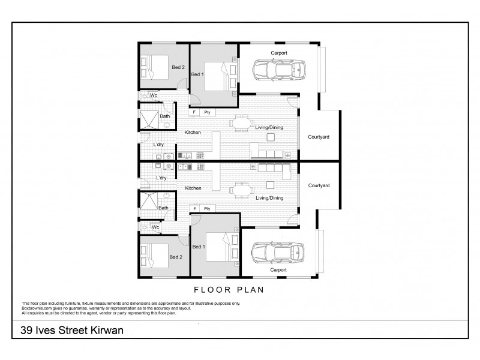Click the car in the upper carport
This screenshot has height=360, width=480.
pyautogui.click(x=278, y=70)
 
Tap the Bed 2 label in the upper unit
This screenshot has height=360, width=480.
pyautogui.click(x=178, y=67)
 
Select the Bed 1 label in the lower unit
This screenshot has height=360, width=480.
pyautogui.click(x=197, y=247)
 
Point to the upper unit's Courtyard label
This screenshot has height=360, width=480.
pyautogui.click(x=319, y=137)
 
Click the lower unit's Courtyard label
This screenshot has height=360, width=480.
pyautogui.click(x=319, y=185)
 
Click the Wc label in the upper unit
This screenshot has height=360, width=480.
pyautogui.click(x=154, y=95)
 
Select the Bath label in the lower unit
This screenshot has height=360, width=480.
pyautogui.click(x=163, y=208)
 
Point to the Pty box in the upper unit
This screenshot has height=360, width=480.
pyautogui.click(x=208, y=112)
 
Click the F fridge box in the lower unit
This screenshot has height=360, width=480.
pyautogui.click(x=194, y=209)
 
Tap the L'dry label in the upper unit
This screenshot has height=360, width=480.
pyautogui.click(x=159, y=145)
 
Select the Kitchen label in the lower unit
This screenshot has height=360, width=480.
pyautogui.click(x=193, y=188)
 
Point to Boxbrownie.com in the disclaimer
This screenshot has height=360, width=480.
pyautogui.click(x=37, y=308)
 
